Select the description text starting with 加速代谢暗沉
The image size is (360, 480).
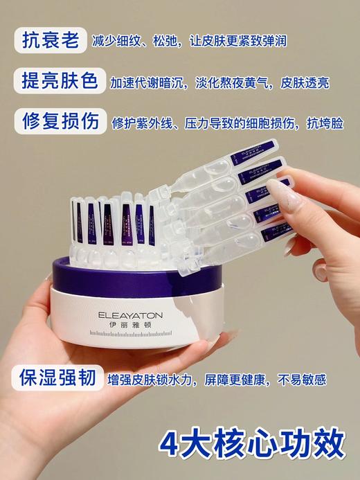click(219, 83)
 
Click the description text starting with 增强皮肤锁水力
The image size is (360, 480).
click(217, 380)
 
